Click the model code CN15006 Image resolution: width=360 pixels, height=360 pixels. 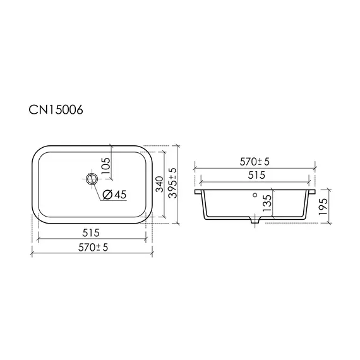56,110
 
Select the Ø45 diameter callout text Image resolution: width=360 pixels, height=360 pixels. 114,195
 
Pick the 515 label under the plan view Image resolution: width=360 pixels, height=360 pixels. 92,232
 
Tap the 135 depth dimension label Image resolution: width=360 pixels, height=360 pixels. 267,204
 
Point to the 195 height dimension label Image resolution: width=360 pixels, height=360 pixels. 322,205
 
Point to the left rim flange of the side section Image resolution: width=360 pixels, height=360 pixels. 200,190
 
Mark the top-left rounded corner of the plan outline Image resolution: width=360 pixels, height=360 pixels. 37,152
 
